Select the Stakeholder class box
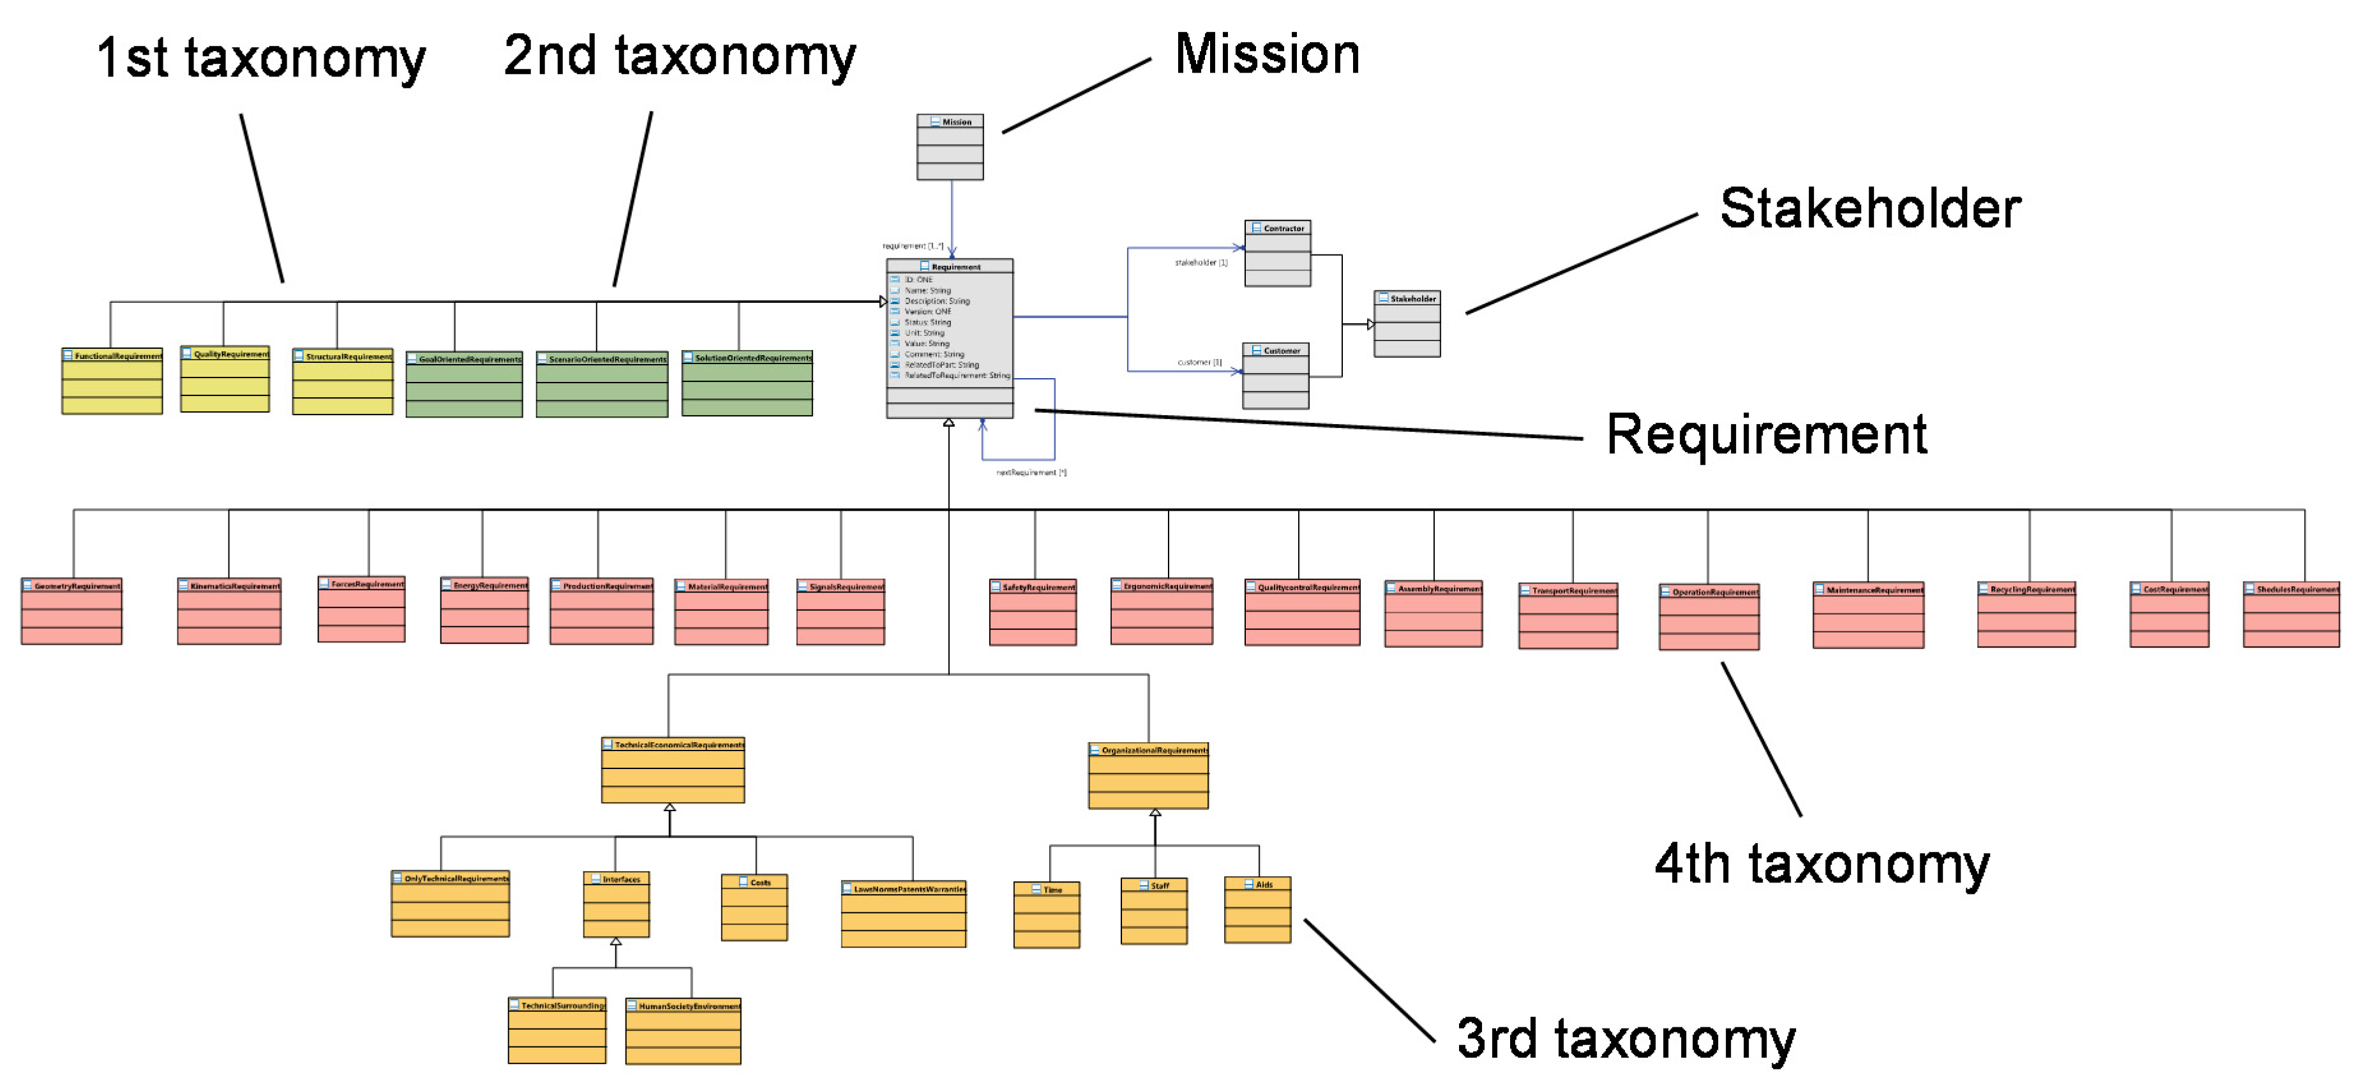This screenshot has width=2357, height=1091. click(1406, 324)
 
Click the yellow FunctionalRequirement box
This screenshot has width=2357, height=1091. click(112, 381)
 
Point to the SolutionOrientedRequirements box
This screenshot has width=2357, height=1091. click(747, 383)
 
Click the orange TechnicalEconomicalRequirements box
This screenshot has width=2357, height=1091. click(673, 770)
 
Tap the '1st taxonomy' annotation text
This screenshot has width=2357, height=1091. click(261, 59)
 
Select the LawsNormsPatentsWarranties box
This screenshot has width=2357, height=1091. click(903, 914)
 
